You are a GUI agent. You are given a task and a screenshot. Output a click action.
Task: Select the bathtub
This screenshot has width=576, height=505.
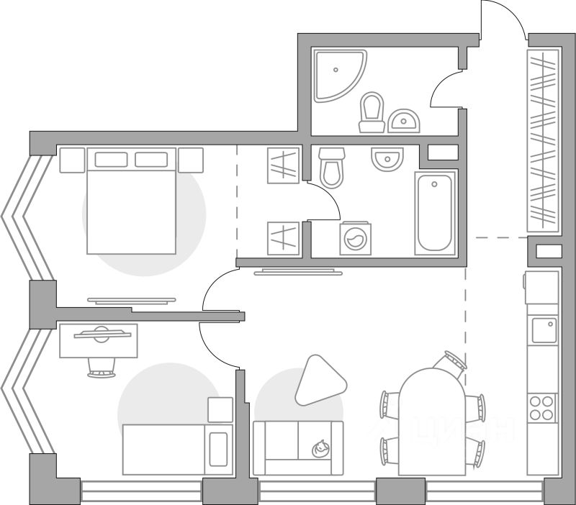coord(435,212)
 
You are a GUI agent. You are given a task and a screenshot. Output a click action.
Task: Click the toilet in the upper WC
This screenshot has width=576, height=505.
coord(372,114)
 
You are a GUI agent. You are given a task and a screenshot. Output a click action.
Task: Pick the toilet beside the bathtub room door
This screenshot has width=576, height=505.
coord(330,167)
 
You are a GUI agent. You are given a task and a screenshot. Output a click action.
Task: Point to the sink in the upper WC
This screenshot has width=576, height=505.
coord(404,121)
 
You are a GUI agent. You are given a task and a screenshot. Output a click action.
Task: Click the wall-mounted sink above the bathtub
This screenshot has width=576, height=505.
coord(387,158)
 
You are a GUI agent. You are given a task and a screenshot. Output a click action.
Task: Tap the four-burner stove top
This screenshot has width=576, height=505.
coord(542,407)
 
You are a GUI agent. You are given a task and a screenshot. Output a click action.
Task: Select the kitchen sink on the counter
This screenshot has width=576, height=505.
coord(542,332)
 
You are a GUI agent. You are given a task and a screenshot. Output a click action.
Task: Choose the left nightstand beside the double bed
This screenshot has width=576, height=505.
coord(72,160)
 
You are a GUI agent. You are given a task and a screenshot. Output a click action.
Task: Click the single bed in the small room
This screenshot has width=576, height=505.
coord(177,449)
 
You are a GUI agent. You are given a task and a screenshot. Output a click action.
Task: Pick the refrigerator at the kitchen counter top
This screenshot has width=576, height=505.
coord(542,287)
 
